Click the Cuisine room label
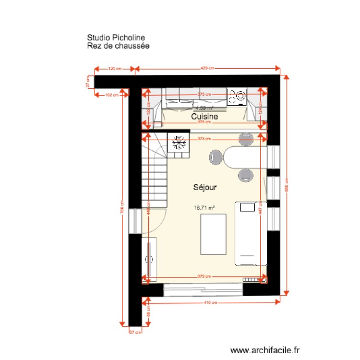tap(205, 117)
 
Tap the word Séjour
tap(205, 188)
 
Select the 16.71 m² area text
tap(204, 208)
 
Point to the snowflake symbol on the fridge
tap(179, 142)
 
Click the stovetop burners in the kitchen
tap(237, 98)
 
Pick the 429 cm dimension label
tap(207, 69)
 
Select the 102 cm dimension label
tap(111, 95)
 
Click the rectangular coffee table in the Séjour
tap(213, 235)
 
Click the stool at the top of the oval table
tap(246, 139)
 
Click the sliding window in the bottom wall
tap(203, 288)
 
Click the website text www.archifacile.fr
tap(265, 351)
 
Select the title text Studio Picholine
tap(116, 37)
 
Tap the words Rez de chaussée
tap(119, 46)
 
